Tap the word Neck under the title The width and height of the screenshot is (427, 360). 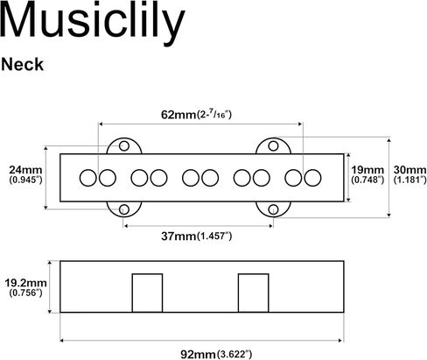point(22,65)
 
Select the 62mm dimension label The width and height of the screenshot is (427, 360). point(178,115)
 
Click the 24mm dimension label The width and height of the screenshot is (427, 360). point(25,170)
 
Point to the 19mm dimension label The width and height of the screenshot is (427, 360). point(367,170)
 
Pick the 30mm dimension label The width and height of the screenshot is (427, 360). point(410,170)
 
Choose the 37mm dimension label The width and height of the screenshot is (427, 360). point(178,236)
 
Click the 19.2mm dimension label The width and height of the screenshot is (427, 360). point(25,283)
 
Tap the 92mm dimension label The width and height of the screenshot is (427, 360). point(198,355)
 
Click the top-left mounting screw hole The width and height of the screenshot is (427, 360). point(124,145)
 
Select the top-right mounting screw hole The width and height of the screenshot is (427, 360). point(273,145)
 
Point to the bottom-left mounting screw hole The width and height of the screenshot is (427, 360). point(124,209)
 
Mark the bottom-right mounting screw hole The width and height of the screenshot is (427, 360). point(273,209)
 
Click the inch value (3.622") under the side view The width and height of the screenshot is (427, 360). point(234,355)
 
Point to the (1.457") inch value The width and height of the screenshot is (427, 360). point(214,236)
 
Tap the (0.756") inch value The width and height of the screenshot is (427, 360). point(25,293)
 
